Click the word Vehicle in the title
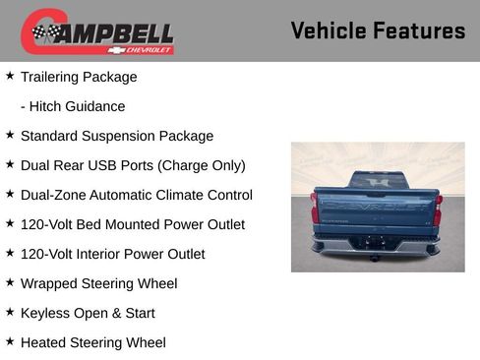click(x=327, y=30)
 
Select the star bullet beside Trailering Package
click(x=10, y=76)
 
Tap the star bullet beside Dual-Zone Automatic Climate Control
click(x=10, y=194)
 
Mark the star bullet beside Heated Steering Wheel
click(x=10, y=341)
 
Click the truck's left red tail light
click(x=315, y=209)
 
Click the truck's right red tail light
click(x=437, y=209)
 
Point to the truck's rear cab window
click(x=376, y=181)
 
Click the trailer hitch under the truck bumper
click(x=375, y=258)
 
